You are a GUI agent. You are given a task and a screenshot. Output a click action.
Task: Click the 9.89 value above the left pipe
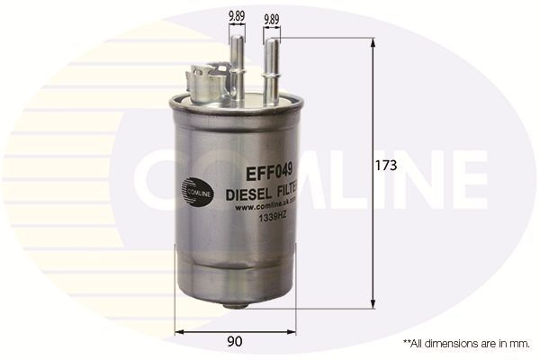238,15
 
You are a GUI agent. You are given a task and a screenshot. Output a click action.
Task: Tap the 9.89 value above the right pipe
271,15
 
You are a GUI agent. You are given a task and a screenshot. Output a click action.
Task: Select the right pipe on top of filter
270,63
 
